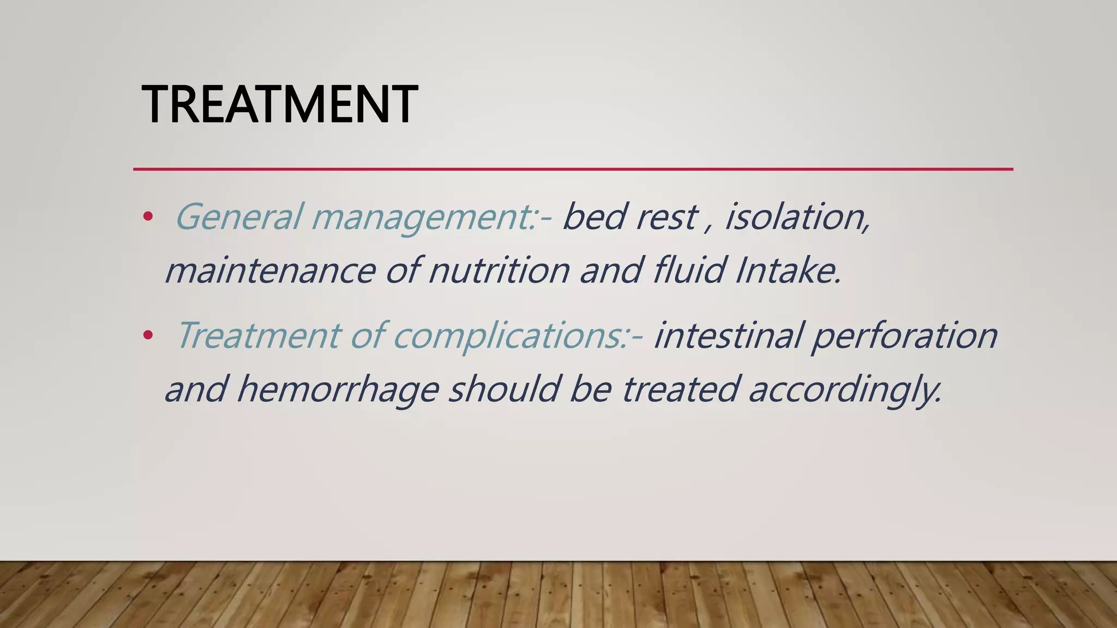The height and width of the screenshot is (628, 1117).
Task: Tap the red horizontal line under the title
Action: click(573, 169)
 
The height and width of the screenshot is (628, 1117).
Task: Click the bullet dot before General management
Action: click(147, 217)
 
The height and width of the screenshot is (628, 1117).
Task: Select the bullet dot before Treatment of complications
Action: click(147, 335)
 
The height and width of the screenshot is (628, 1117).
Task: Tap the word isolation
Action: click(797, 217)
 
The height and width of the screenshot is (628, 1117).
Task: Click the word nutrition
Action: click(499, 271)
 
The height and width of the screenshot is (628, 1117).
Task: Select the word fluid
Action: click(689, 271)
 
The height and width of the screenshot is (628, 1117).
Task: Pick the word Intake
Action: click(788, 271)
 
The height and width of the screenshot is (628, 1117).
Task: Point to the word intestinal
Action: click(728, 335)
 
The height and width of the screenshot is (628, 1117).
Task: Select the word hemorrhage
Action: click(338, 390)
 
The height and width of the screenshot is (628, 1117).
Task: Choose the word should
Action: click(504, 389)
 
